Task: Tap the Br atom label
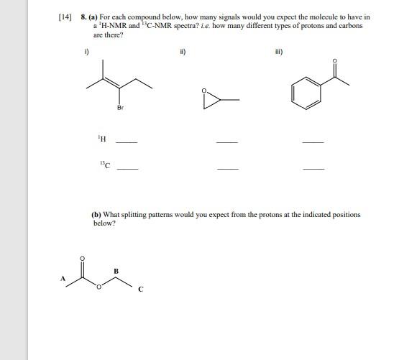coord(120,108)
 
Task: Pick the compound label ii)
coord(183,51)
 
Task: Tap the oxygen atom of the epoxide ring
coord(204,91)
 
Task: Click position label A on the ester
coord(63,278)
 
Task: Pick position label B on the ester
coord(115,270)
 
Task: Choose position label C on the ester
coord(141,290)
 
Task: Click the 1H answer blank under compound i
coord(127,142)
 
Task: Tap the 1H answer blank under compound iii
coord(313,142)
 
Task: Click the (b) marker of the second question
coord(96,214)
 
